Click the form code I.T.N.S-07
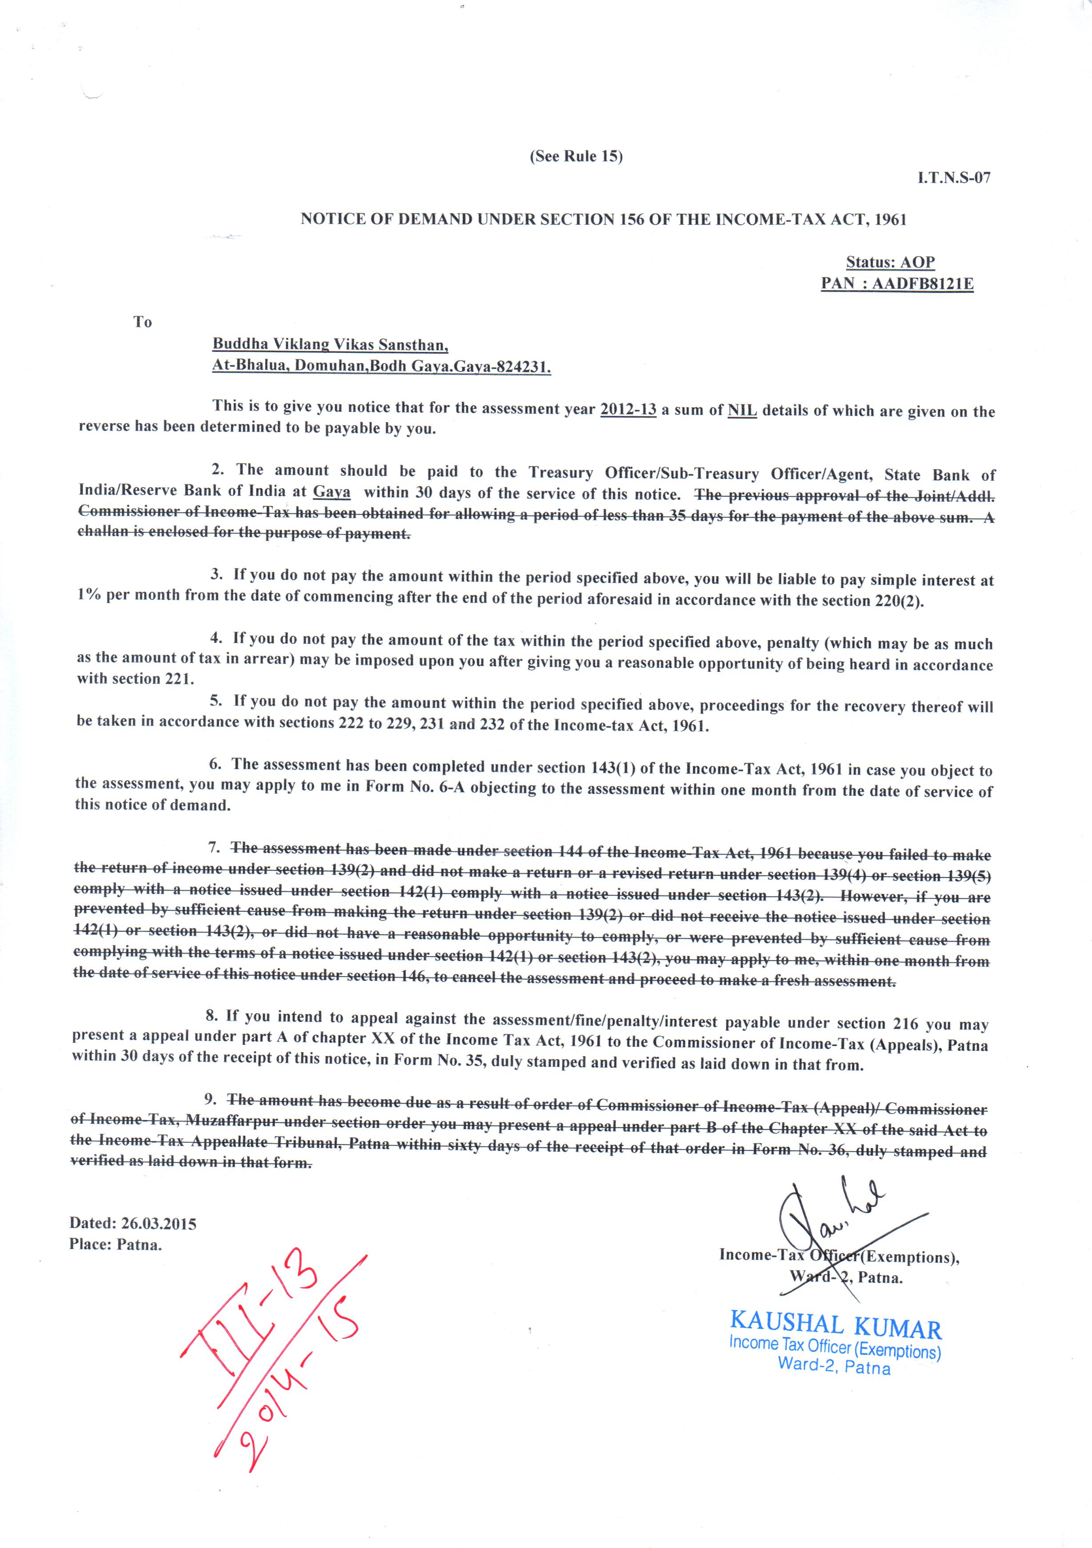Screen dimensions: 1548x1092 [954, 178]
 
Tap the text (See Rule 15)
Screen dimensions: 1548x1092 [576, 156]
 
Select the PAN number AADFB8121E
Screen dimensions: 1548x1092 [922, 284]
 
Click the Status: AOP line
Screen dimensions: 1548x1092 [890, 262]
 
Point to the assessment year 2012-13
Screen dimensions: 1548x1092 [628, 409]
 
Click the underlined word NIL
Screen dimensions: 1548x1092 [742, 411]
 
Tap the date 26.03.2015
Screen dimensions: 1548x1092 [159, 1224]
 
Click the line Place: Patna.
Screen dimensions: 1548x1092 [116, 1245]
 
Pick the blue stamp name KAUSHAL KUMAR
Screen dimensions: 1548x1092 [835, 1325]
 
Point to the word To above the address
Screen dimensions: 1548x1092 [142, 322]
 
